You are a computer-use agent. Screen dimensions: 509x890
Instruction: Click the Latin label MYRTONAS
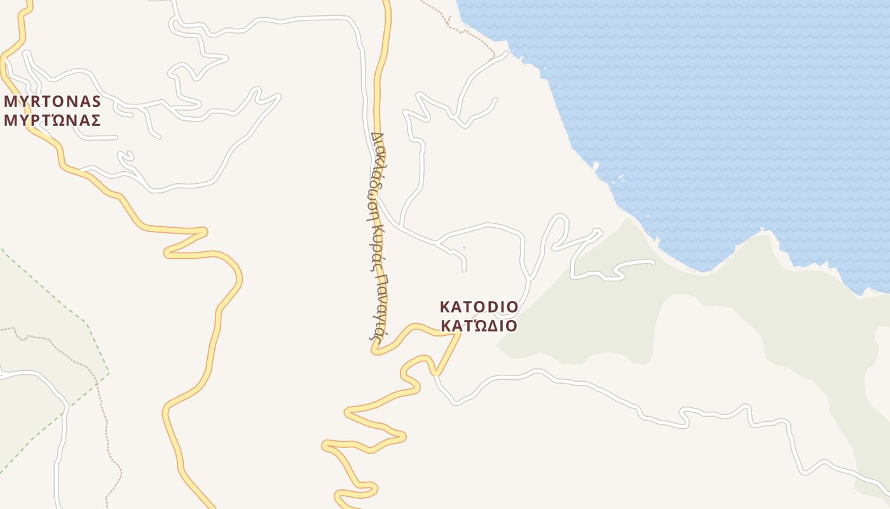click(53, 102)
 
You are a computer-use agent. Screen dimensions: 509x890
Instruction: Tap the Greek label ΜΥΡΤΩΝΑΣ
click(53, 120)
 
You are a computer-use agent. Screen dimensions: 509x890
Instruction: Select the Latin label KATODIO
click(479, 307)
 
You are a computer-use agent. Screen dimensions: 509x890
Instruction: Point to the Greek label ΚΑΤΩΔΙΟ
click(479, 326)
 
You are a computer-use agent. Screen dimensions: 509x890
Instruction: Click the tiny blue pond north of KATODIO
click(463, 247)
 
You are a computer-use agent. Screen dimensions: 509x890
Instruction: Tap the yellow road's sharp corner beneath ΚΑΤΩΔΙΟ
click(458, 334)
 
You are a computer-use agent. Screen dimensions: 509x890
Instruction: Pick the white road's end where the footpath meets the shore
click(507, 53)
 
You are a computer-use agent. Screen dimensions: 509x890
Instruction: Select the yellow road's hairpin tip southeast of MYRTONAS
click(205, 231)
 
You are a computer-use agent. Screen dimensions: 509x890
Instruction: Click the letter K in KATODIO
click(444, 307)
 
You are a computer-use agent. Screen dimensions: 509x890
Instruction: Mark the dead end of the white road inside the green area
click(653, 261)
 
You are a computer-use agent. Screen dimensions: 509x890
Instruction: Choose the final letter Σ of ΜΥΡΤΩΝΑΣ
click(95, 120)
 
